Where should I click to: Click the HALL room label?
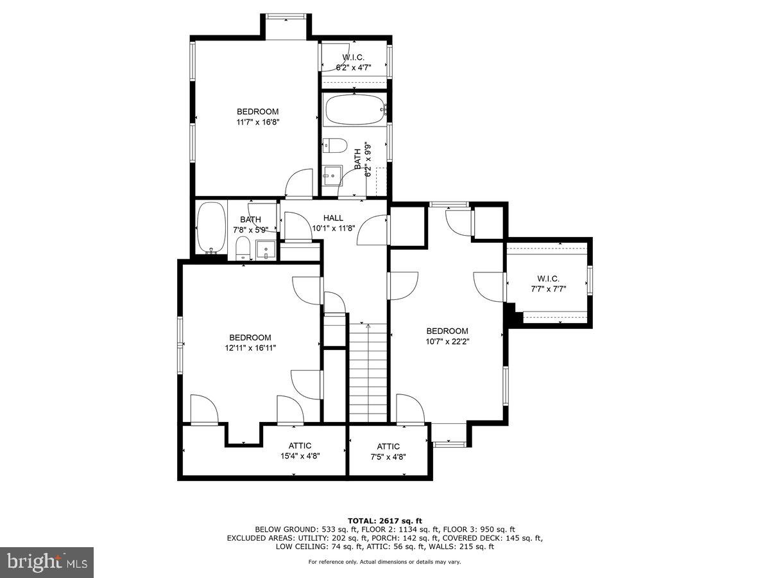coord(333,218)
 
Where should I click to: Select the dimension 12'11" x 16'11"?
coord(250,347)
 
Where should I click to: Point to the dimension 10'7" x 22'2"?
coord(447,342)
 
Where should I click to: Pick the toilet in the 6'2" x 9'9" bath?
coord(334,145)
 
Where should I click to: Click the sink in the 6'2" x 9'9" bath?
coord(332,174)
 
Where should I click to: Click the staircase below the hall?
coord(368,372)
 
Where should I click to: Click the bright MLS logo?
coord(47,563)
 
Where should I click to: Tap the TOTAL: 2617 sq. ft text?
coord(385,520)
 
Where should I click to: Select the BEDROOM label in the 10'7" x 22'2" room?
coord(447,331)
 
